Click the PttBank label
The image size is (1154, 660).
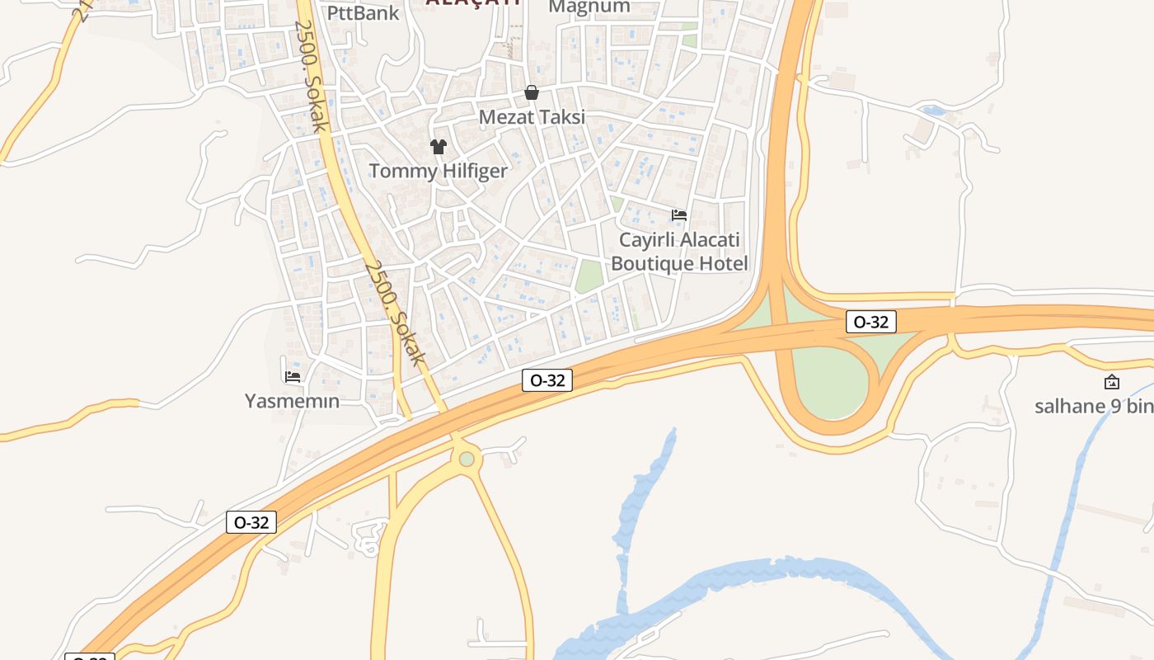(363, 12)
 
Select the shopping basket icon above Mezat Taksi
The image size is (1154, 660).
(532, 92)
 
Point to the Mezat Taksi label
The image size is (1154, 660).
(532, 117)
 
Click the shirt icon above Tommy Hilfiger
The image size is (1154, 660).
(438, 147)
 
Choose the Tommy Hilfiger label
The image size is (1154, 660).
(438, 171)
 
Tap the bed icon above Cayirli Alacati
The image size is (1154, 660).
(679, 215)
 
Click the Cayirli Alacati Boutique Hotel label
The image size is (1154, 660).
(679, 252)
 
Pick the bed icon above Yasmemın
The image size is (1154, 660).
(293, 376)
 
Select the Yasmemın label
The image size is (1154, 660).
(293, 401)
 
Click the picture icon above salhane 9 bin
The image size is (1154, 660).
(1112, 382)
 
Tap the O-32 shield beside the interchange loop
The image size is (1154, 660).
(870, 322)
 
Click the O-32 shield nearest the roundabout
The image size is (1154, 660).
(547, 380)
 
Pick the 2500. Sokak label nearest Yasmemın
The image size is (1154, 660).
(395, 313)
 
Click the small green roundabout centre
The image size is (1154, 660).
(467, 459)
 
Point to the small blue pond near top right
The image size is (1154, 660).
(935, 111)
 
